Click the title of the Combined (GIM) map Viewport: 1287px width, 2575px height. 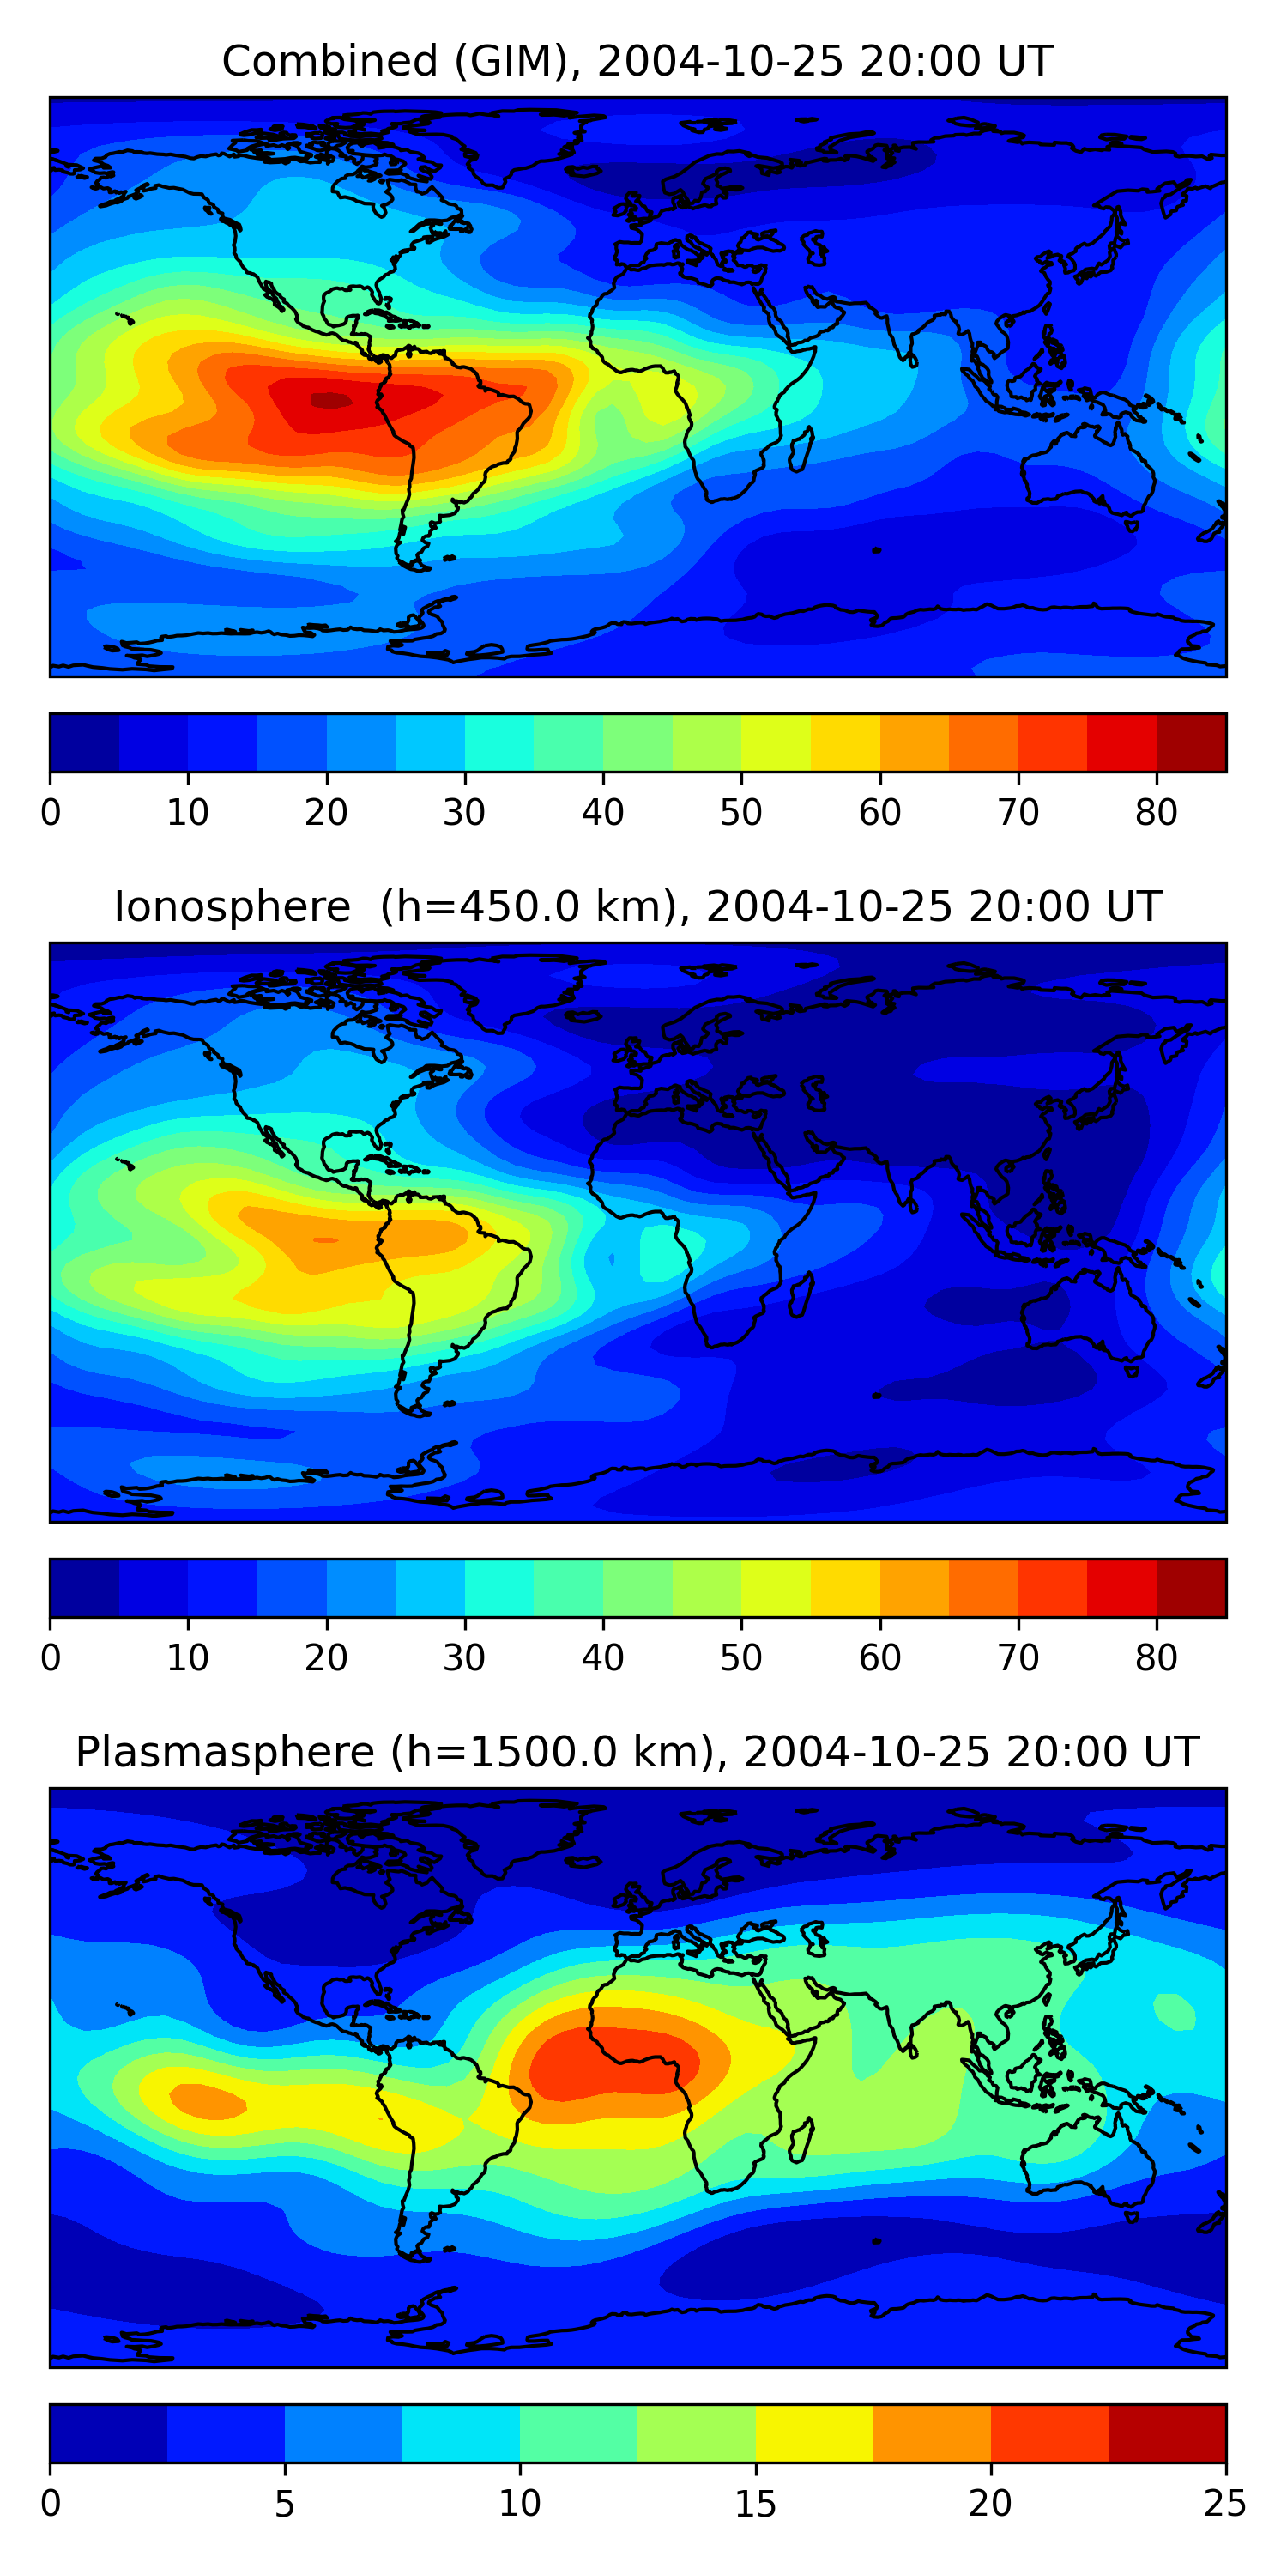click(x=637, y=62)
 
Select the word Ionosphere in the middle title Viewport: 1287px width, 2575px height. click(x=232, y=907)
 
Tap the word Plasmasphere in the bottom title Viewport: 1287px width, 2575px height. click(x=225, y=1753)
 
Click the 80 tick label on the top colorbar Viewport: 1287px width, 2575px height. click(x=1156, y=813)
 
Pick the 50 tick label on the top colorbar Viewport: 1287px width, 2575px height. click(x=740, y=813)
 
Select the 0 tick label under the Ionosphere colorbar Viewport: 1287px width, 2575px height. click(x=51, y=1658)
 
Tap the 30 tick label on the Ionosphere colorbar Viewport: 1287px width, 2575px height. click(x=465, y=1658)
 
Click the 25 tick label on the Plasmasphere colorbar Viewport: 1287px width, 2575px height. click(x=1225, y=2504)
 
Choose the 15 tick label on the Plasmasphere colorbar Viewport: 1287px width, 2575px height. click(x=755, y=2504)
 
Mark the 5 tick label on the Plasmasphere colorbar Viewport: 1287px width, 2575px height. click(x=285, y=2504)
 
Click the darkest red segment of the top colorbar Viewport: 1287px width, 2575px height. click(x=1191, y=742)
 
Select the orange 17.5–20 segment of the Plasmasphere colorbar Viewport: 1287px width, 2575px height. click(x=931, y=2433)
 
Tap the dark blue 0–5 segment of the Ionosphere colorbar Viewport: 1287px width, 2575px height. click(x=85, y=1587)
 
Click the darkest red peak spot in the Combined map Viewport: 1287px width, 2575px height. click(x=330, y=401)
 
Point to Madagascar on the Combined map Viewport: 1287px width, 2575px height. click(x=801, y=449)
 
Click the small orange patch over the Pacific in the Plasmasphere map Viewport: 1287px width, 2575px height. click(x=207, y=2099)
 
